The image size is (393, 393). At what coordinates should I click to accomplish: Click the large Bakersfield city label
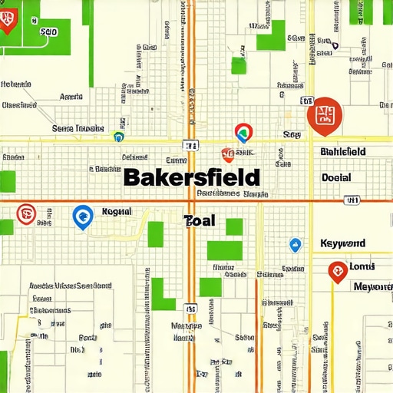pos(191,178)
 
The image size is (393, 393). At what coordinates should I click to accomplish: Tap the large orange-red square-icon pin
pos(323,114)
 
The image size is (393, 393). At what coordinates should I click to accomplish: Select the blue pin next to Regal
pos(81,217)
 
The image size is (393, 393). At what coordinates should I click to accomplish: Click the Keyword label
pos(343,243)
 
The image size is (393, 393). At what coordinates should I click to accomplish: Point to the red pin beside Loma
pos(336,271)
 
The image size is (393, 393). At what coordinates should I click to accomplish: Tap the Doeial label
pos(336,177)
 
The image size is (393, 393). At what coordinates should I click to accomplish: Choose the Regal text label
pos(117,211)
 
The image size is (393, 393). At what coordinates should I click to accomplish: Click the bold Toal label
pos(200,221)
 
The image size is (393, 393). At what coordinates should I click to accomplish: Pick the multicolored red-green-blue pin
pos(243,133)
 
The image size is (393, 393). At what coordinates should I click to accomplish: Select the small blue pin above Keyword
pos(296,245)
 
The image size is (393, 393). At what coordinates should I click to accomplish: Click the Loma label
pos(362,266)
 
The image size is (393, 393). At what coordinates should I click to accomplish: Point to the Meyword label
pos(372,287)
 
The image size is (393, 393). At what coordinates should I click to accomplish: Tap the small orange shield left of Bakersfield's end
pos(226,154)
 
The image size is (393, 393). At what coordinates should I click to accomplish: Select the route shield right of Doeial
pos(352,200)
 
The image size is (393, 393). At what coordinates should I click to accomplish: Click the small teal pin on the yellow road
pos(117,137)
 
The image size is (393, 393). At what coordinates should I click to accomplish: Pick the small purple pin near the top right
pos(335,45)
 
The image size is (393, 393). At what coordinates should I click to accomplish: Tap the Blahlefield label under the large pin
pos(342,152)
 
